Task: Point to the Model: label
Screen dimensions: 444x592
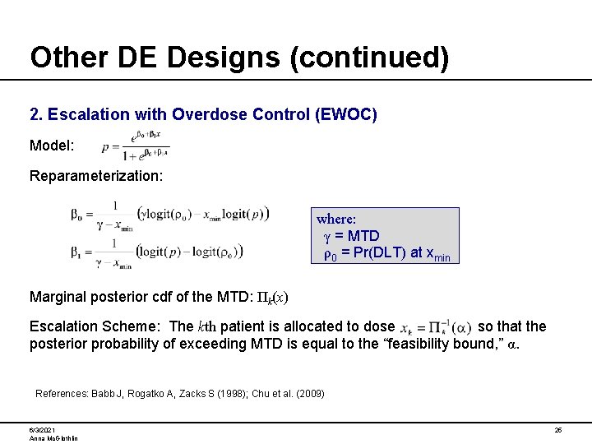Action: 53,146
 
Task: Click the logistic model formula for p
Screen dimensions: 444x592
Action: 135,146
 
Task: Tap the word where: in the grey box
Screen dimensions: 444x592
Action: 336,220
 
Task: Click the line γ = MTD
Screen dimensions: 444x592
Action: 351,237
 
